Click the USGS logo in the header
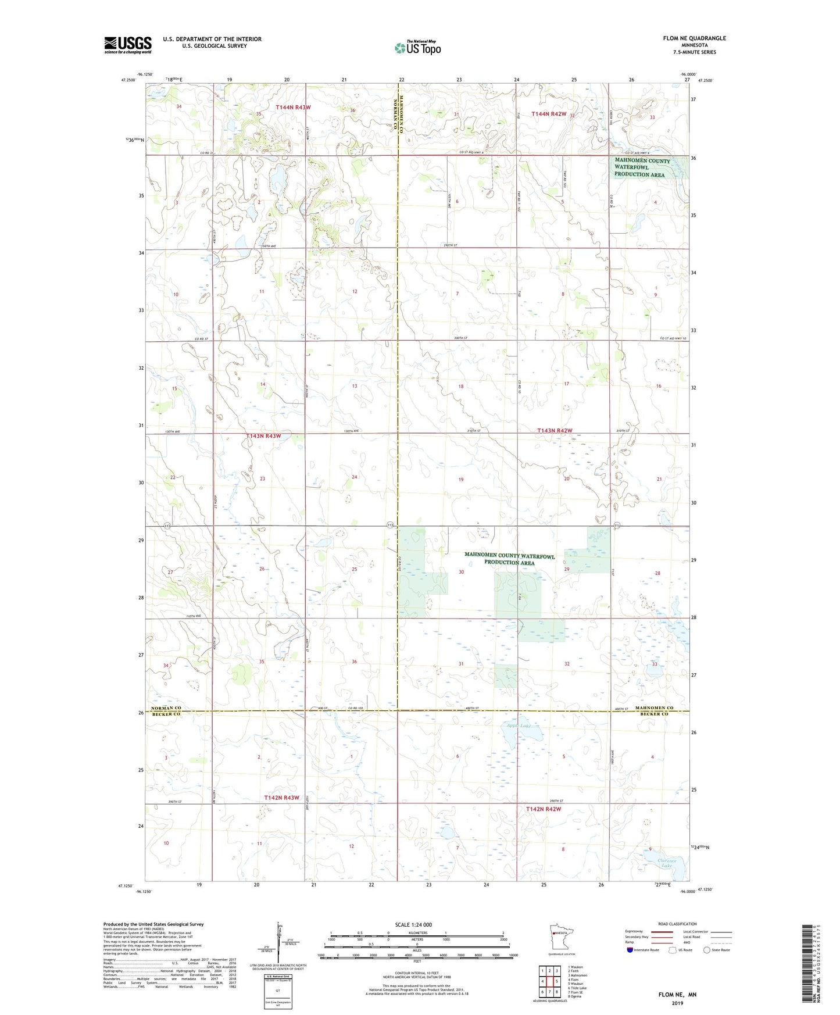coord(127,45)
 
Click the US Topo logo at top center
coord(417,48)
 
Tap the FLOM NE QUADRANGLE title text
coord(694,38)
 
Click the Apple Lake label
coord(518,725)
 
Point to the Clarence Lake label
coord(667,863)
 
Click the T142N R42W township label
coord(544,809)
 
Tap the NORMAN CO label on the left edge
coord(166,707)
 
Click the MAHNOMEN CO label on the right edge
coord(654,707)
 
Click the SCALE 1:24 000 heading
coord(413,924)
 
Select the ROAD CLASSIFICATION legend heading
coord(677,924)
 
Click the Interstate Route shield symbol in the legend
coord(630,950)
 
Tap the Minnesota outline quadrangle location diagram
coord(561,937)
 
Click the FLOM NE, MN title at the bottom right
coord(677,995)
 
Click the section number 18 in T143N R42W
coord(461,386)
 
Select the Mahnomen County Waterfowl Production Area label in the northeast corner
coord(642,167)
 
